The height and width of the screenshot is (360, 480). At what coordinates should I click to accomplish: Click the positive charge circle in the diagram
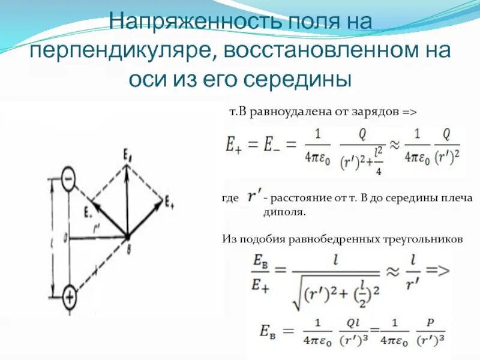[x=69, y=295]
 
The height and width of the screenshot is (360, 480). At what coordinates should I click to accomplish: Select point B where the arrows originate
[x=127, y=236]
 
